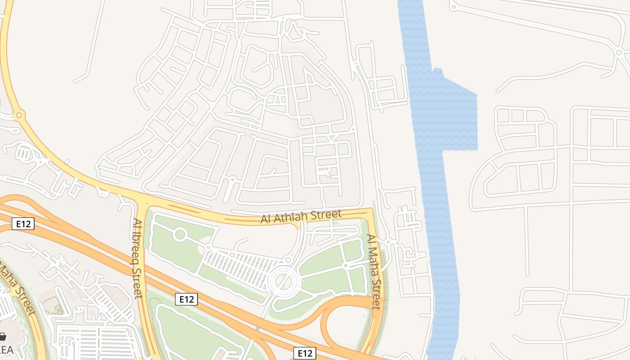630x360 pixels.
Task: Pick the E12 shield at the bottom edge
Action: [x=305, y=353]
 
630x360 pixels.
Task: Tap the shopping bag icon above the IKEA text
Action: [x=3, y=337]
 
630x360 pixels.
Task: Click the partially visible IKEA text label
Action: [x=5, y=349]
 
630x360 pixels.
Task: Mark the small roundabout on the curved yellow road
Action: [x=19, y=115]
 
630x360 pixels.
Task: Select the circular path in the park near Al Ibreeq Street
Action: [x=180, y=234]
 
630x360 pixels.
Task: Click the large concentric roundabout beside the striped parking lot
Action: [x=284, y=281]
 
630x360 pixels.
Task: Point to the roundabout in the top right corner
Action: [x=618, y=53]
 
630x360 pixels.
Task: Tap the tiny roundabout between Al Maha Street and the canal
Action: [x=388, y=242]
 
